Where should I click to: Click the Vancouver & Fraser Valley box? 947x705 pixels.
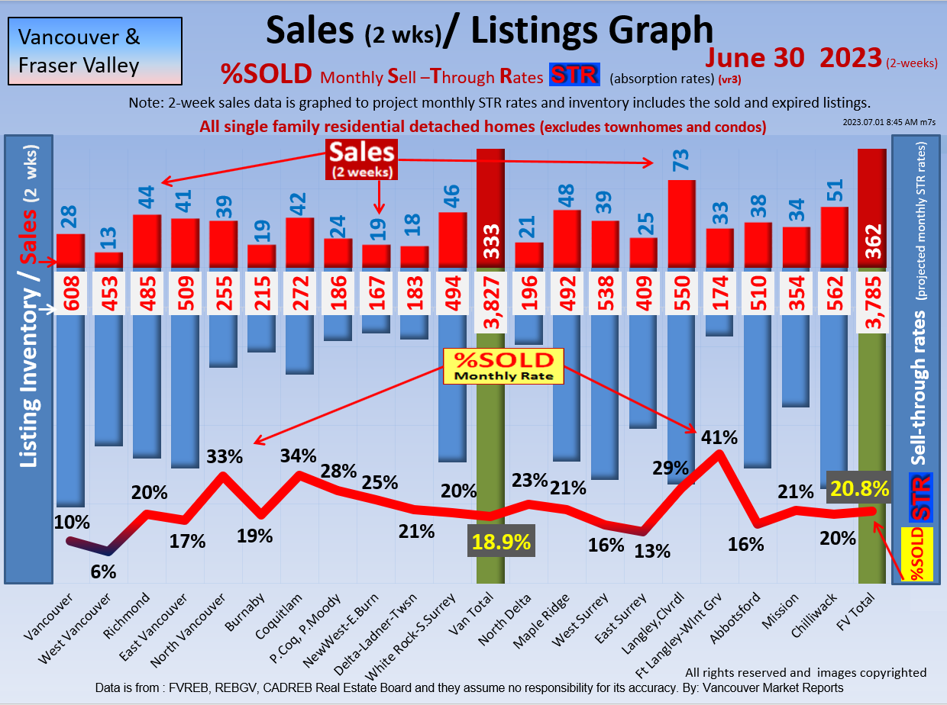[x=95, y=50]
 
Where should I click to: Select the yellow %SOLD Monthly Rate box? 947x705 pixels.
[x=503, y=366]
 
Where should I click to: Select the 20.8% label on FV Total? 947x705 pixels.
[x=861, y=489]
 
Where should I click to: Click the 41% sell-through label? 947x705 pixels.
[x=719, y=438]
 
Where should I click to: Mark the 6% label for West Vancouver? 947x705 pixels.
[x=103, y=571]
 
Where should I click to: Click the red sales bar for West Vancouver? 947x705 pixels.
[x=108, y=259]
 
